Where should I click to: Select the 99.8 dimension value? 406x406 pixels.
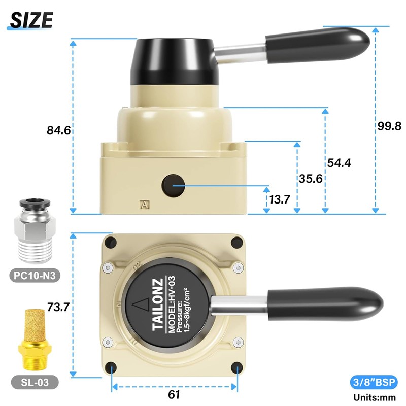click(389, 126)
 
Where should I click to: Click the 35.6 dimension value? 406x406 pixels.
click(309, 179)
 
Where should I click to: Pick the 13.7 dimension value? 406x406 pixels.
click(279, 199)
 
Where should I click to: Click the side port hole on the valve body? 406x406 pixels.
click(173, 186)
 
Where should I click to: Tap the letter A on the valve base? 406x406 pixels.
click(146, 205)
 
